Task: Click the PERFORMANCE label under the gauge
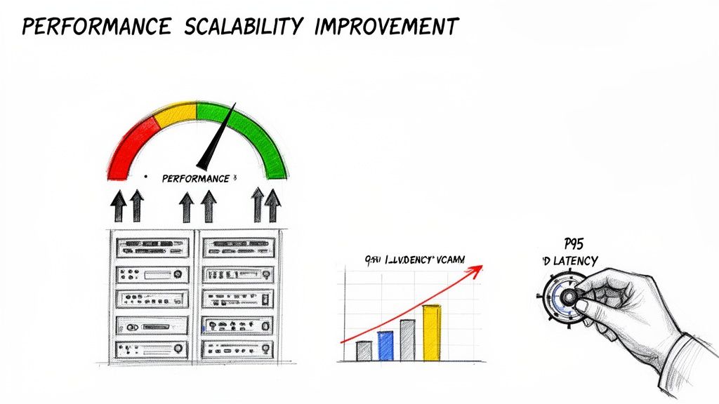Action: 195,179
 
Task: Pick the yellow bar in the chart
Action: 431,333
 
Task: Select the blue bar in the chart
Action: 385,346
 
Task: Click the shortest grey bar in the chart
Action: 363,351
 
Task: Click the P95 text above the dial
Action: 574,243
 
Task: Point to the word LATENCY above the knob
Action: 576,261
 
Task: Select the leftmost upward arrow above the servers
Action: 119,207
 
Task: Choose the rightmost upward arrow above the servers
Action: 272,207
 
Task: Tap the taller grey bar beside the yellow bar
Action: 408,340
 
